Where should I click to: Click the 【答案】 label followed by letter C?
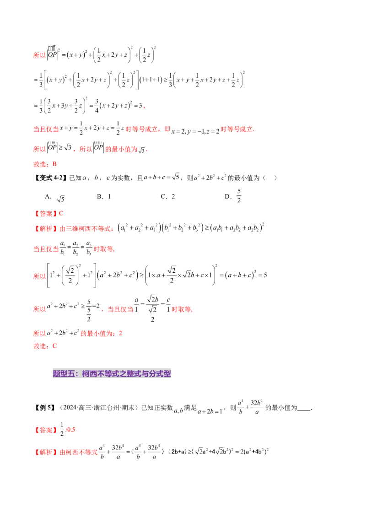(45, 214)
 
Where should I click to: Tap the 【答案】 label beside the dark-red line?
(45, 430)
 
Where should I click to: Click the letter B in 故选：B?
(55, 164)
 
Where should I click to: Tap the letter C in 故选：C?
(55, 346)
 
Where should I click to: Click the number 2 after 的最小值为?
(121, 334)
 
